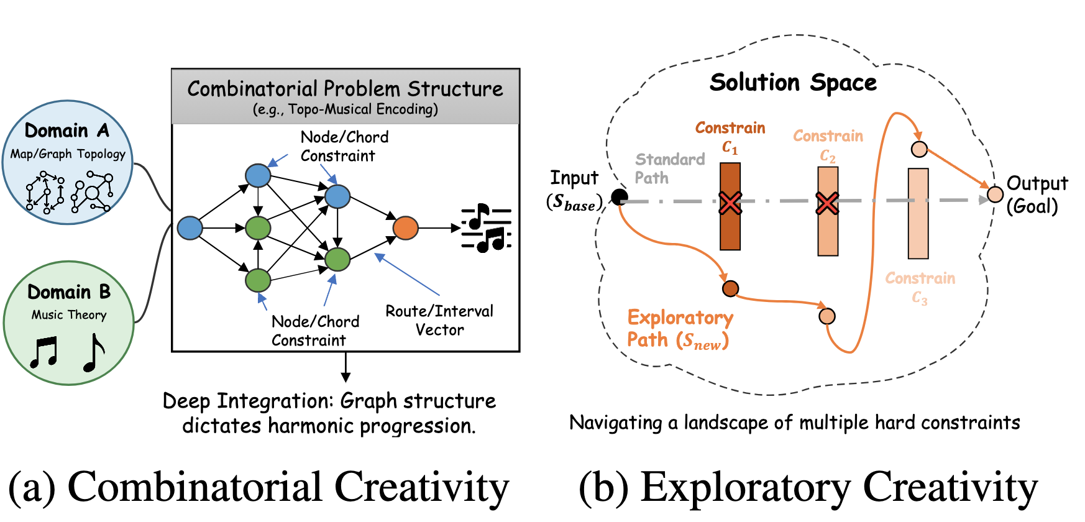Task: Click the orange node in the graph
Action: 405,228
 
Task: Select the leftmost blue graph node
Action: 190,228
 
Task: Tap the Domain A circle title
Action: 66,130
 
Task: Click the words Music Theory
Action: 69,315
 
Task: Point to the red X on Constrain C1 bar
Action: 730,203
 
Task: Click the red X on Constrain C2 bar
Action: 827,203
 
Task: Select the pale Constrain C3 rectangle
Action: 918,213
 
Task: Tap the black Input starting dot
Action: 619,197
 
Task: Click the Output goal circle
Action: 995,195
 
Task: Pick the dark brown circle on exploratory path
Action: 730,288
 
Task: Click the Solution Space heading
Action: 793,83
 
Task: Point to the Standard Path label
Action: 669,168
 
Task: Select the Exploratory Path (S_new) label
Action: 679,329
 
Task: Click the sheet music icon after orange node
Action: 486,228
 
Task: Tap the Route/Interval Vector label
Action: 439,320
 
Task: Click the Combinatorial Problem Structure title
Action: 345,89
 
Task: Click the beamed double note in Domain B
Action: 44,352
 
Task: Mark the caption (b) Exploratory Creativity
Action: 808,487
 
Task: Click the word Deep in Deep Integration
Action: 186,401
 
